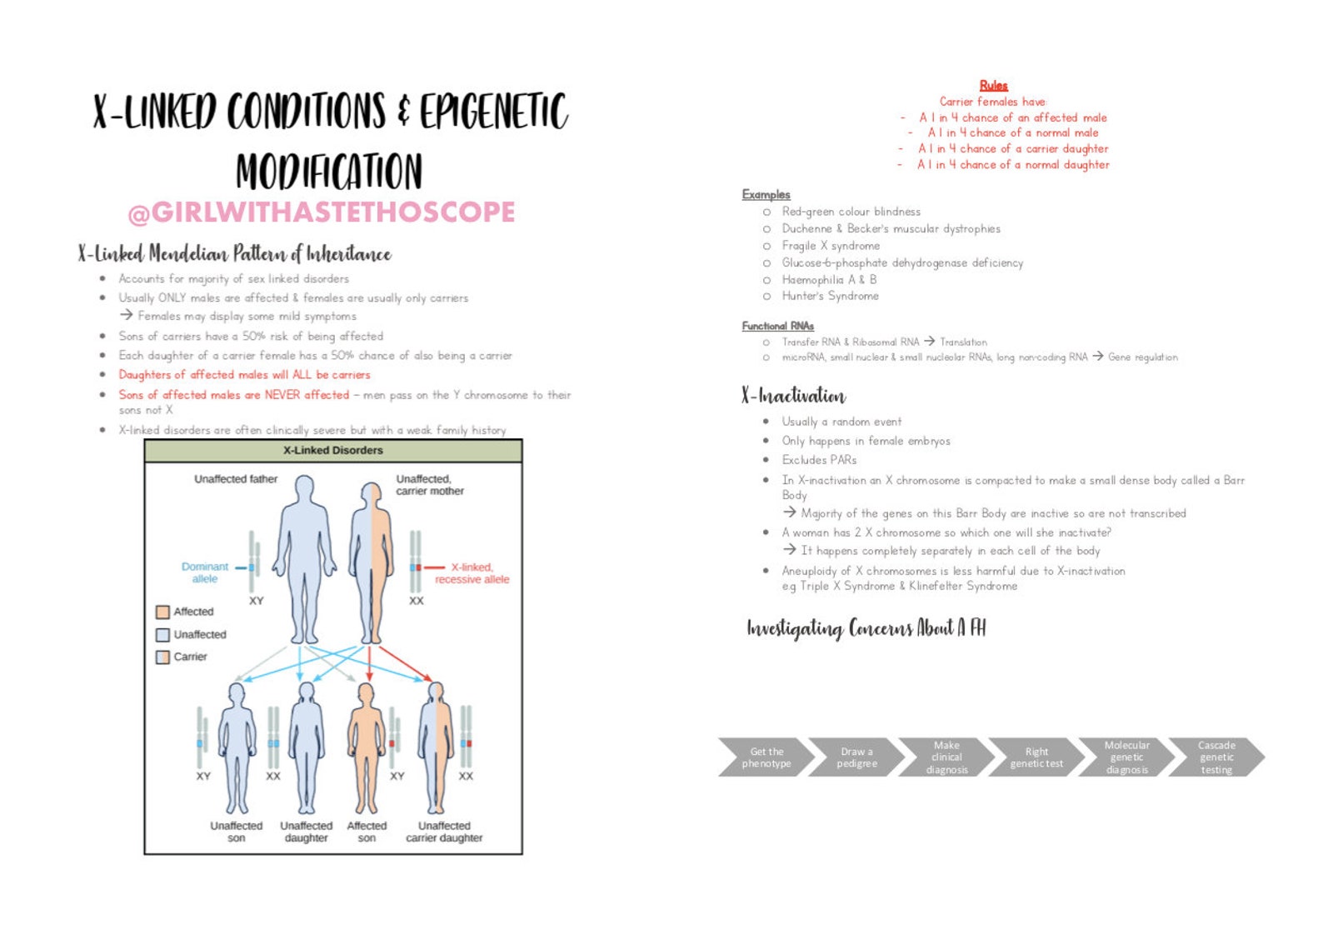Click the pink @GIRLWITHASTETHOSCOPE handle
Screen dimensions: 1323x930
[322, 212]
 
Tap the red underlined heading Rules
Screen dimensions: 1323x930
[993, 85]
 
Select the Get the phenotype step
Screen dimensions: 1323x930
[766, 757]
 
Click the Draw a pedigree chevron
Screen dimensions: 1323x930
[856, 757]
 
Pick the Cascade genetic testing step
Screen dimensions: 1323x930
[1216, 757]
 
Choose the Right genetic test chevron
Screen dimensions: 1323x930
[1036, 757]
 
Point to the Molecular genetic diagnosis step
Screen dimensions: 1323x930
[1126, 757]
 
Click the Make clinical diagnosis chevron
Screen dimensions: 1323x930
[946, 757]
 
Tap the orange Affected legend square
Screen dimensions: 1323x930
[162, 612]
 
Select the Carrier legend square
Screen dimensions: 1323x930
[162, 657]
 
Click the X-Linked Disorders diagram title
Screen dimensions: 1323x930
[332, 450]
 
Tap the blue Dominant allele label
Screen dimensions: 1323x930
[205, 572]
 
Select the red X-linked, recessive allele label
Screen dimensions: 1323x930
[472, 573]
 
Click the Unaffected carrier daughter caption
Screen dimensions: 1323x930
[444, 832]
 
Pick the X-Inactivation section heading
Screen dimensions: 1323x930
[793, 396]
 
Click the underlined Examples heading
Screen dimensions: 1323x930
[766, 194]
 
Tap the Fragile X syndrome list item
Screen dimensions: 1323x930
[830, 246]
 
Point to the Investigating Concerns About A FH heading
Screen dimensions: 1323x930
[866, 628]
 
